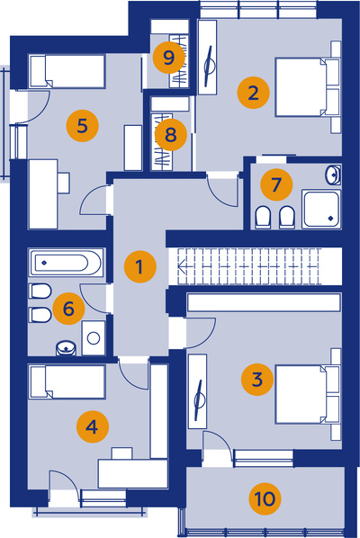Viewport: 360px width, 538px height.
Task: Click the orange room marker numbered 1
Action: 140,266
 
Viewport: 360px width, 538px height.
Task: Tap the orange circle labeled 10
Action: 265,498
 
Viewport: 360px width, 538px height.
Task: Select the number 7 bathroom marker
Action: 276,184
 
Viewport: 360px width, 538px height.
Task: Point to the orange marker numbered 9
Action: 169,58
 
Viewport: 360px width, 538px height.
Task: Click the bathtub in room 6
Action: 67,263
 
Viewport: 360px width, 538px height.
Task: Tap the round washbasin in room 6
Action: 66,347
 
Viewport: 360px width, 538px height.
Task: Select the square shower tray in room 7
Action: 321,209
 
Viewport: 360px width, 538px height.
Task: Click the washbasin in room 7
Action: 333,175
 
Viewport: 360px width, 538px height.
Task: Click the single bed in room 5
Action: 67,71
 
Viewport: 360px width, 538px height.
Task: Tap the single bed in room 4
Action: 67,381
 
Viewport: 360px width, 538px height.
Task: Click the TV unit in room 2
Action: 208,57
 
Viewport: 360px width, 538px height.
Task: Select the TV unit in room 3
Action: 198,391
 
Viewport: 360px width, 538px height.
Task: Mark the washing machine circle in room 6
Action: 94,338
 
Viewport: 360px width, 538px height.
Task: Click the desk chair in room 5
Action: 64,183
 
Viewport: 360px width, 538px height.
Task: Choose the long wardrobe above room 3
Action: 264,302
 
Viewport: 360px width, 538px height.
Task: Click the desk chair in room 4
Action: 121,453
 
